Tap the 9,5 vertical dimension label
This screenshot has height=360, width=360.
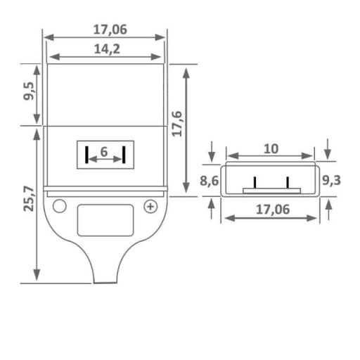[x=29, y=94]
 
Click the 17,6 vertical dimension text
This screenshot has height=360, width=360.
[x=177, y=124]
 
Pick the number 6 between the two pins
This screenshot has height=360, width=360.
[x=104, y=152]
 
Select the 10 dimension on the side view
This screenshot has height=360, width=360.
[x=271, y=148]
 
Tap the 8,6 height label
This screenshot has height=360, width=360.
[x=210, y=181]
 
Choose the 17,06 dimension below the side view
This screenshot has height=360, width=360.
[x=270, y=208]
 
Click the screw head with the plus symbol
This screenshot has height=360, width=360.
[x=150, y=206]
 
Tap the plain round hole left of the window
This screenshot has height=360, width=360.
[x=60, y=206]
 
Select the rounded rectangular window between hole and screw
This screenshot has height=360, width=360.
[x=105, y=220]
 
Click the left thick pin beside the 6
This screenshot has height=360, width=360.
[x=86, y=155]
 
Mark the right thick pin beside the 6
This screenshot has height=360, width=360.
[x=124, y=155]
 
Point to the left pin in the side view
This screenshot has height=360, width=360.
[x=255, y=182]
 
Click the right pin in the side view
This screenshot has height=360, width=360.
[x=288, y=182]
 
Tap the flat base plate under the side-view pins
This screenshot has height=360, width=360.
[x=271, y=191]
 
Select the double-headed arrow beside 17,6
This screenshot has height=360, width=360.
[x=186, y=130]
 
